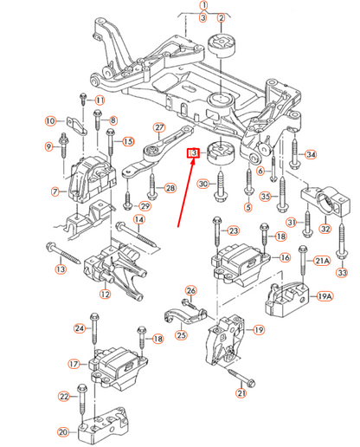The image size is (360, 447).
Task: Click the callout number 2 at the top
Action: pos(222,18)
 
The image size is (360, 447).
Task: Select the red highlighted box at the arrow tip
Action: pos(193,154)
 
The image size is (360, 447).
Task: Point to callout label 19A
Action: pos(324,296)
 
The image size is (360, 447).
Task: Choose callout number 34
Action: pos(311,155)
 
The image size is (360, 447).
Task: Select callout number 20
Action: pos(62,431)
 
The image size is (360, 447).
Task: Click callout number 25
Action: pos(181,335)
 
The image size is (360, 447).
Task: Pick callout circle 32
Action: pos(325,230)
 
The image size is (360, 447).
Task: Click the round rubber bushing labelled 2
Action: pos(222,48)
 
